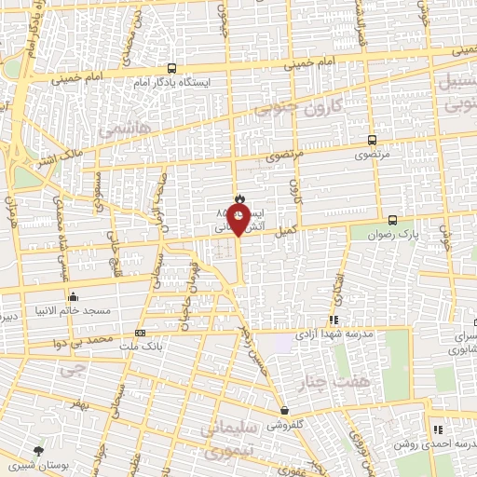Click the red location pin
(x=238, y=221)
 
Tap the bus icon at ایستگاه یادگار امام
(x=171, y=68)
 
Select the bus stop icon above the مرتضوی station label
(x=372, y=140)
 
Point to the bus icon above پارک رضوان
(x=392, y=221)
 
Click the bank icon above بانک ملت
(x=140, y=333)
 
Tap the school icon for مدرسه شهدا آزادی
(x=334, y=320)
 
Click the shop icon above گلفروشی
(x=284, y=410)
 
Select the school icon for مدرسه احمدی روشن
(x=437, y=429)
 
